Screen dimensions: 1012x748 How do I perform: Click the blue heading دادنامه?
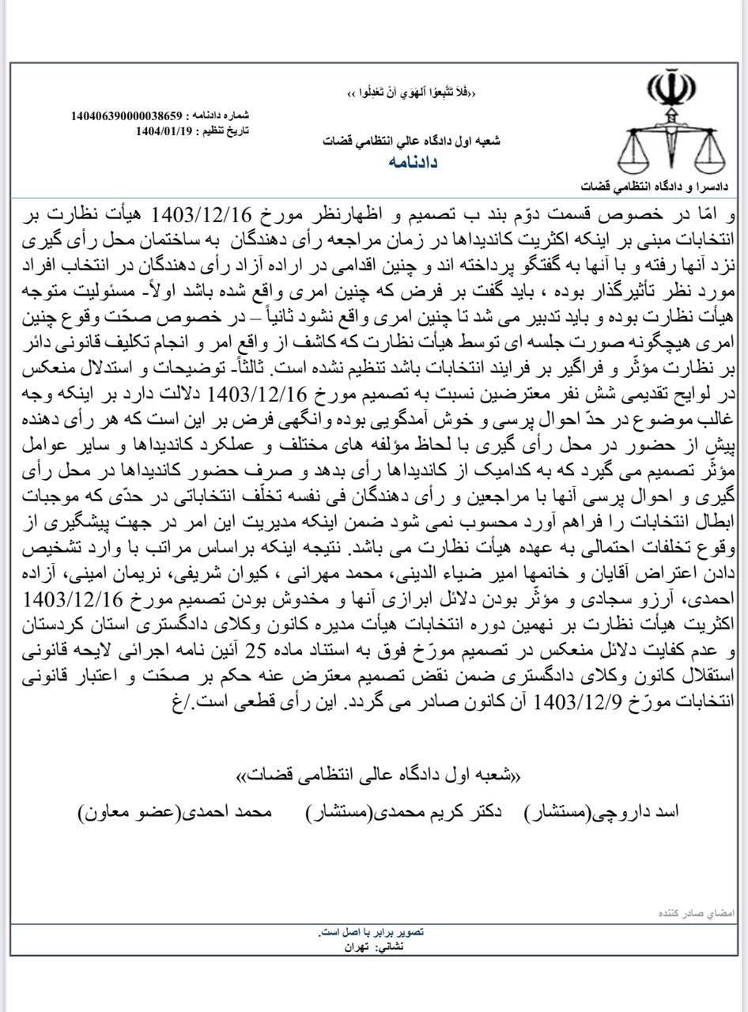point(413,162)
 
